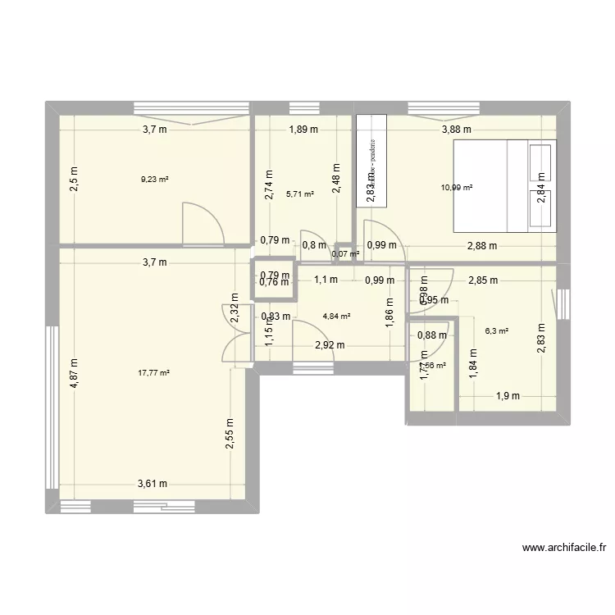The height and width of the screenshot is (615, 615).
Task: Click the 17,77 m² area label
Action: (153, 373)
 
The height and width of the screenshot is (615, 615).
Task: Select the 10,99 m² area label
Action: (457, 188)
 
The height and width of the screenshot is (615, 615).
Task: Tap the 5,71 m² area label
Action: (300, 194)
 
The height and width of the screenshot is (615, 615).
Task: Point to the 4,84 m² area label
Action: (336, 316)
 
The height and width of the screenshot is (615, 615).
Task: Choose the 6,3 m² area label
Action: (497, 331)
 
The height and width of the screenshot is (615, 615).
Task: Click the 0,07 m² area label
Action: (345, 254)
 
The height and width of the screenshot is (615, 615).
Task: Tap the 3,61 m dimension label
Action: (152, 484)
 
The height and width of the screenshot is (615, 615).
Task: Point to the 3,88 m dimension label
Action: (457, 129)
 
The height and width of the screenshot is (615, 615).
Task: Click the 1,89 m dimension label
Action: (303, 129)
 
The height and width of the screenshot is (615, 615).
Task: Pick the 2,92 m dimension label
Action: (330, 344)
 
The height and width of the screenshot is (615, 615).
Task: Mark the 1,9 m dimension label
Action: (508, 396)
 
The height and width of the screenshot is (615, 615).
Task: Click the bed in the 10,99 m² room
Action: (504, 185)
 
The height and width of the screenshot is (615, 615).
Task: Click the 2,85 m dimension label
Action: (483, 280)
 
